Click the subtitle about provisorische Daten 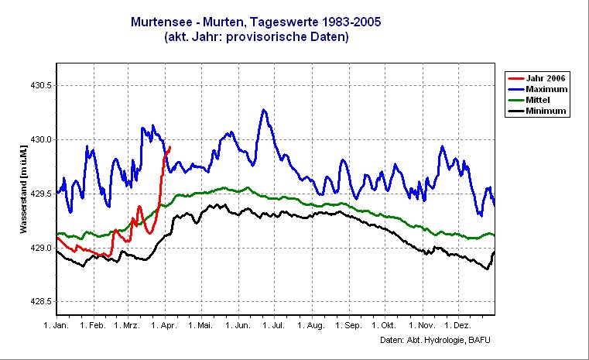[x=256, y=36]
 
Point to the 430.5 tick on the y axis [x=39, y=86]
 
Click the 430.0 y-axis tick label [x=39, y=140]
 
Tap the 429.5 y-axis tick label [x=39, y=194]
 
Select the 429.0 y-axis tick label [x=39, y=249]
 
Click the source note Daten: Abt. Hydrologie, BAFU [x=436, y=341]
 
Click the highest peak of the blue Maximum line [x=264, y=110]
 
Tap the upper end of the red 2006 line [x=170, y=146]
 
